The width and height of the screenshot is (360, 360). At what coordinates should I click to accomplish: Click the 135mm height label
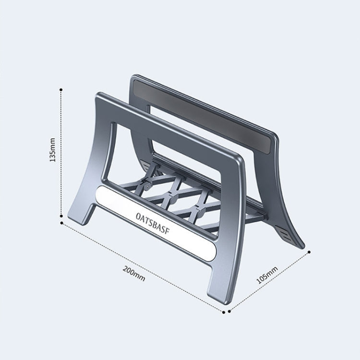click(53, 150)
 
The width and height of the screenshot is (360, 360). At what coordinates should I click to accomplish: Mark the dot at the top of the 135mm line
click(61, 89)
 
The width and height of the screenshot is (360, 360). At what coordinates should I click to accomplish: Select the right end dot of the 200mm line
click(224, 311)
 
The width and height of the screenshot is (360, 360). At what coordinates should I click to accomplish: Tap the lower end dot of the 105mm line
click(230, 311)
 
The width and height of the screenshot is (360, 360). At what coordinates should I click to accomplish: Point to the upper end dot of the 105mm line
click(309, 252)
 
